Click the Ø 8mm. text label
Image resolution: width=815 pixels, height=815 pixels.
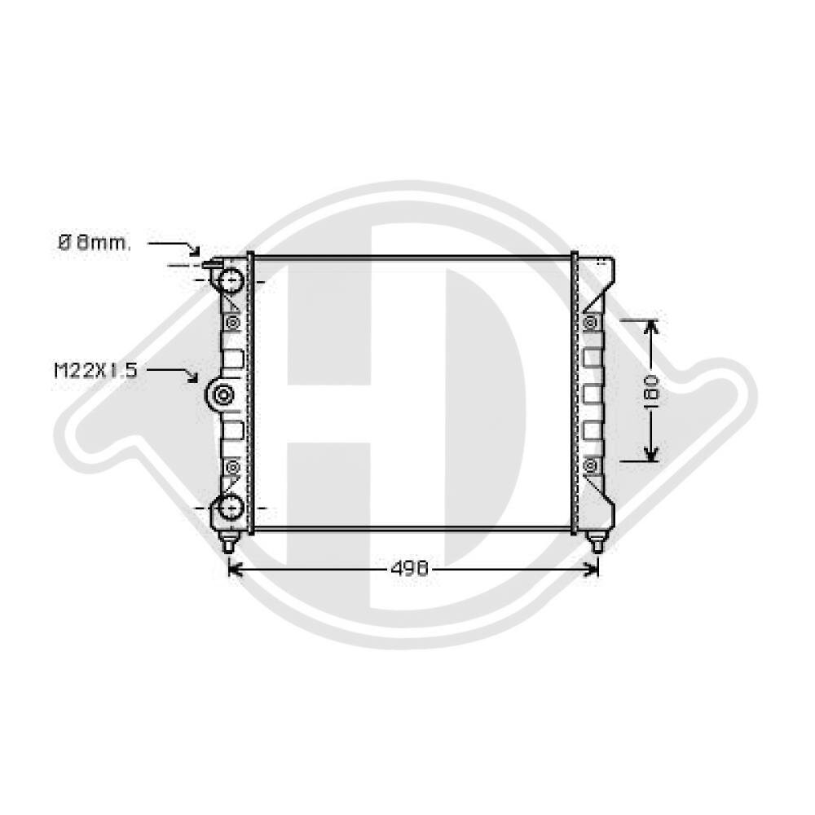click(93, 243)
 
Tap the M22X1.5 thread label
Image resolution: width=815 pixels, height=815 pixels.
click(95, 371)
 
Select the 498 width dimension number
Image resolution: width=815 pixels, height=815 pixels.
click(409, 569)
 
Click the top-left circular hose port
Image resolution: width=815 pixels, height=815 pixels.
click(230, 281)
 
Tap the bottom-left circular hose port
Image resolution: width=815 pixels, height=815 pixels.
click(230, 507)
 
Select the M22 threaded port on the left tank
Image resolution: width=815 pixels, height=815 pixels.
click(223, 395)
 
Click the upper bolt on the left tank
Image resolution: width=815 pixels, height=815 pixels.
click(232, 323)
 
